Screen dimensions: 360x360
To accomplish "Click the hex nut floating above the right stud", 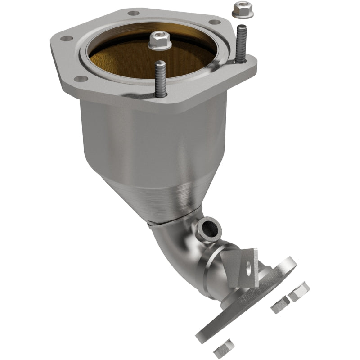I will pos(239,9).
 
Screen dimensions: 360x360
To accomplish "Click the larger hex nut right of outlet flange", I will pos(298,291).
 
